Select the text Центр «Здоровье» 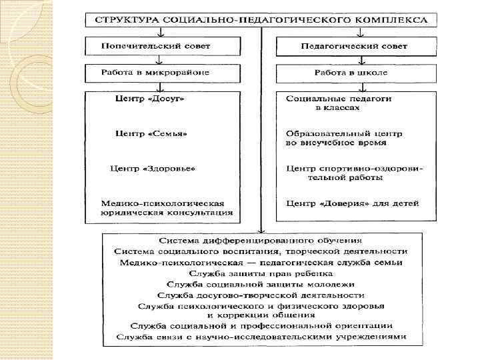(x=153, y=168)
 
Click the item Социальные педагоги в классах (x=338, y=103)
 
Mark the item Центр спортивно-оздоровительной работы (x=353, y=173)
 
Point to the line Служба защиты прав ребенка (x=261, y=273)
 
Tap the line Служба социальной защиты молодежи (x=261, y=283)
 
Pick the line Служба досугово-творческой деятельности (x=261, y=294)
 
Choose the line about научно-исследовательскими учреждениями (x=261, y=337)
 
